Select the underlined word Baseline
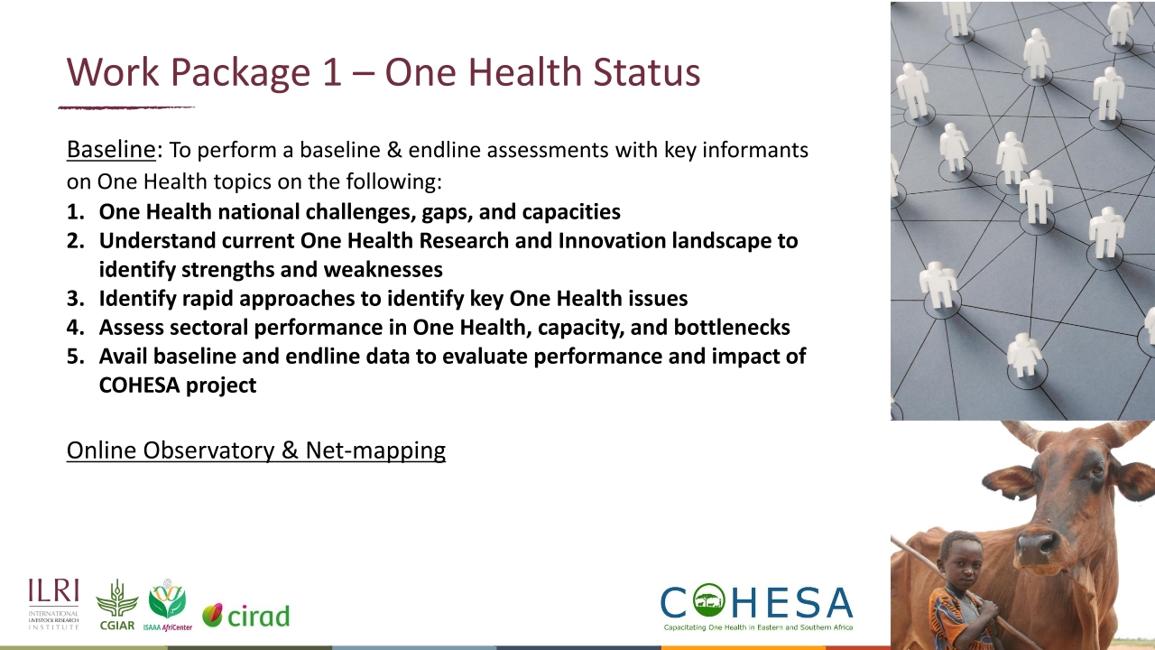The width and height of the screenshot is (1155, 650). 111,149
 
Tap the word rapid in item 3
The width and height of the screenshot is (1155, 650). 200,299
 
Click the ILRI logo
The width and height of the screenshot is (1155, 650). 53,604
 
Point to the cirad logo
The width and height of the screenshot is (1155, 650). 245,616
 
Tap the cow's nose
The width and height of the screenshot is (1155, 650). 1037,544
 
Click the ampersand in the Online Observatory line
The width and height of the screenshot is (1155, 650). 289,450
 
